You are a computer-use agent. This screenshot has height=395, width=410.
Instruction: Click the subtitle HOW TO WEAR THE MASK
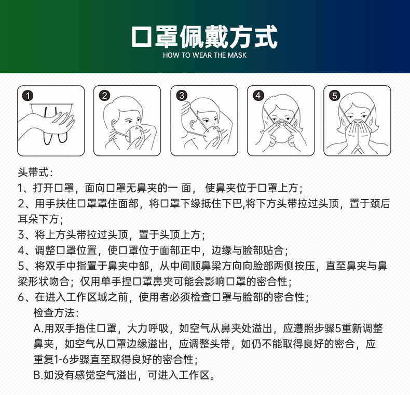tap(204, 55)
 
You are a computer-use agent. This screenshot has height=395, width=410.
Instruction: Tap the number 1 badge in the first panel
tap(28, 96)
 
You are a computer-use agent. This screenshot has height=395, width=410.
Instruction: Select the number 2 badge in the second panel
tap(104, 96)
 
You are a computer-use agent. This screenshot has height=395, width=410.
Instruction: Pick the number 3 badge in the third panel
tap(181, 96)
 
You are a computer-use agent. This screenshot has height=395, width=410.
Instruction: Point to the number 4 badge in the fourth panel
tap(258, 96)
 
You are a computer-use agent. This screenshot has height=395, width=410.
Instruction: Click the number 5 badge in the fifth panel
tap(334, 96)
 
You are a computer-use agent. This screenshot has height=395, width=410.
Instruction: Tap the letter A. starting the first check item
tap(38, 328)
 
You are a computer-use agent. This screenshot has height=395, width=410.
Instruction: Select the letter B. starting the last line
tap(38, 375)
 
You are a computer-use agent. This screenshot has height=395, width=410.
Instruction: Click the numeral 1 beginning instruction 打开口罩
tap(21, 188)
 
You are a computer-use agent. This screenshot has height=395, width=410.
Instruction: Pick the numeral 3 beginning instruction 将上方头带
tap(21, 235)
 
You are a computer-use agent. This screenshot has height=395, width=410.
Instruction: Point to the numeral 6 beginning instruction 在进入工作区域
tap(21, 297)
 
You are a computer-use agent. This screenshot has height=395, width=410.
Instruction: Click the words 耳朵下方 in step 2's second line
tap(38, 219)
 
